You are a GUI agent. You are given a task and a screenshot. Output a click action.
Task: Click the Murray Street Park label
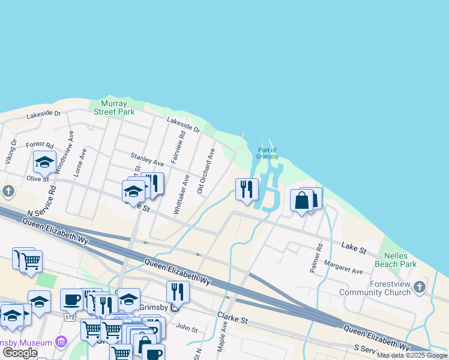[x=117, y=107]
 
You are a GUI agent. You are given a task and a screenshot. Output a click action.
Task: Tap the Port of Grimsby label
[x=267, y=154]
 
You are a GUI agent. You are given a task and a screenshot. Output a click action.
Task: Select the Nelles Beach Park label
[x=396, y=260]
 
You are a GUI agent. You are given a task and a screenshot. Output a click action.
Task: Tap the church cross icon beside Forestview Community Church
[x=420, y=287]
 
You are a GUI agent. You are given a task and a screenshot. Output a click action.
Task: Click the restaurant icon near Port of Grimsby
[x=247, y=190]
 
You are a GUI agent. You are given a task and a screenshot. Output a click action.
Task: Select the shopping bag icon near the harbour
[x=303, y=200]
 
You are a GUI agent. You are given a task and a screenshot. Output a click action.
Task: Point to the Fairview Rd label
[x=181, y=152]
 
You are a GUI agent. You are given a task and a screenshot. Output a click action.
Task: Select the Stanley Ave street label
[x=147, y=159]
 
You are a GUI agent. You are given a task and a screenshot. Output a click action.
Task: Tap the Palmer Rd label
[x=316, y=259]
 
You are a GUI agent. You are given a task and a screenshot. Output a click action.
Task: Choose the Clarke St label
[x=233, y=317]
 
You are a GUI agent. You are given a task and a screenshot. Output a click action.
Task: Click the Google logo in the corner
[x=20, y=352]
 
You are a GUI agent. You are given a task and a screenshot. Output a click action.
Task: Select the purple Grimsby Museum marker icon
[x=61, y=343]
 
